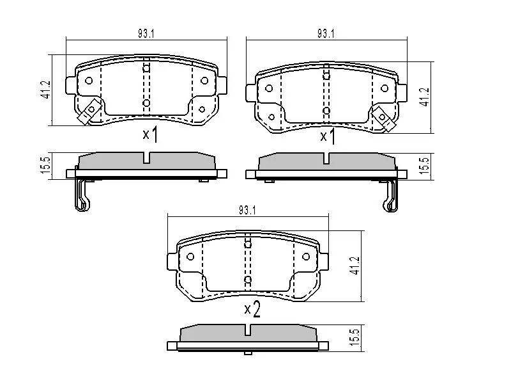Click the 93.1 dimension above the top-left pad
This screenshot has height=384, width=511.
click(x=146, y=34)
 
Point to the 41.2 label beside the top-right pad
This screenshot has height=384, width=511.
click(x=423, y=95)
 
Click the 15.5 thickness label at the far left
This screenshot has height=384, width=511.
click(x=45, y=166)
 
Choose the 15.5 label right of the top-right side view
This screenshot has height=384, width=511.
click(x=423, y=166)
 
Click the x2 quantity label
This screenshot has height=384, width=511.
click(x=253, y=311)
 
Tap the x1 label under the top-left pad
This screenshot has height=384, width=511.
click(x=150, y=135)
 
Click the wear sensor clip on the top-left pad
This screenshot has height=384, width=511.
click(x=88, y=113)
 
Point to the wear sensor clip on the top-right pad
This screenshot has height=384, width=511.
click(x=385, y=118)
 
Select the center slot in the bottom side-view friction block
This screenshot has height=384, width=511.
click(x=248, y=332)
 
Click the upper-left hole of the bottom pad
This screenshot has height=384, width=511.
click(x=190, y=257)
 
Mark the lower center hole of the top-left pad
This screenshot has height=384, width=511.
click(x=146, y=103)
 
